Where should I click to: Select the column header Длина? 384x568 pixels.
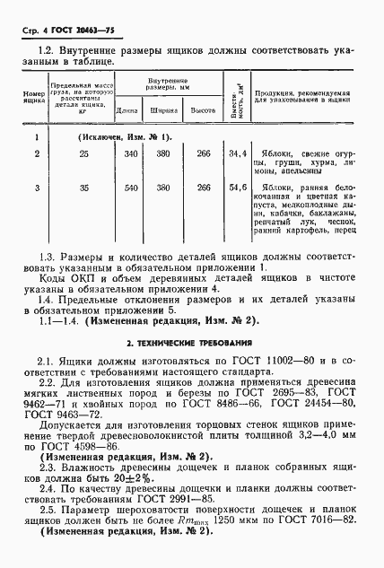pos(127,110)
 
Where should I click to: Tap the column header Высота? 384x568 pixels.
pos(203,110)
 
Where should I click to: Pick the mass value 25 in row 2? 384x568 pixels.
pos(83,155)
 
